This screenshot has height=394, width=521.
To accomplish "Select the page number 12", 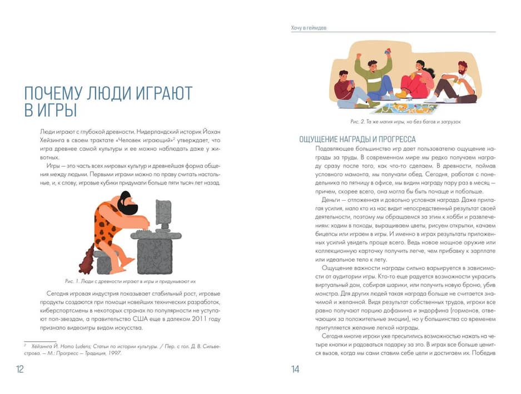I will pos(20,369).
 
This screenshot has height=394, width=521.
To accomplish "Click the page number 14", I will pos(295,369).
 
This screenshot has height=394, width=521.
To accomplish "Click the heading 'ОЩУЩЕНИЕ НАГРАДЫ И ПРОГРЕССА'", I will pos(358,139).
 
